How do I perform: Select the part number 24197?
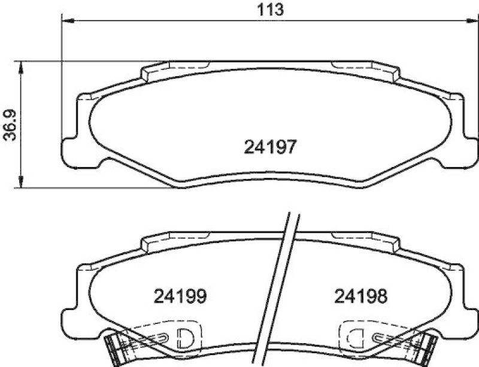coord(271,147)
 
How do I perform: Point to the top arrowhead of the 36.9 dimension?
coord(22,65)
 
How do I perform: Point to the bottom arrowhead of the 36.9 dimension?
coord(22,183)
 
